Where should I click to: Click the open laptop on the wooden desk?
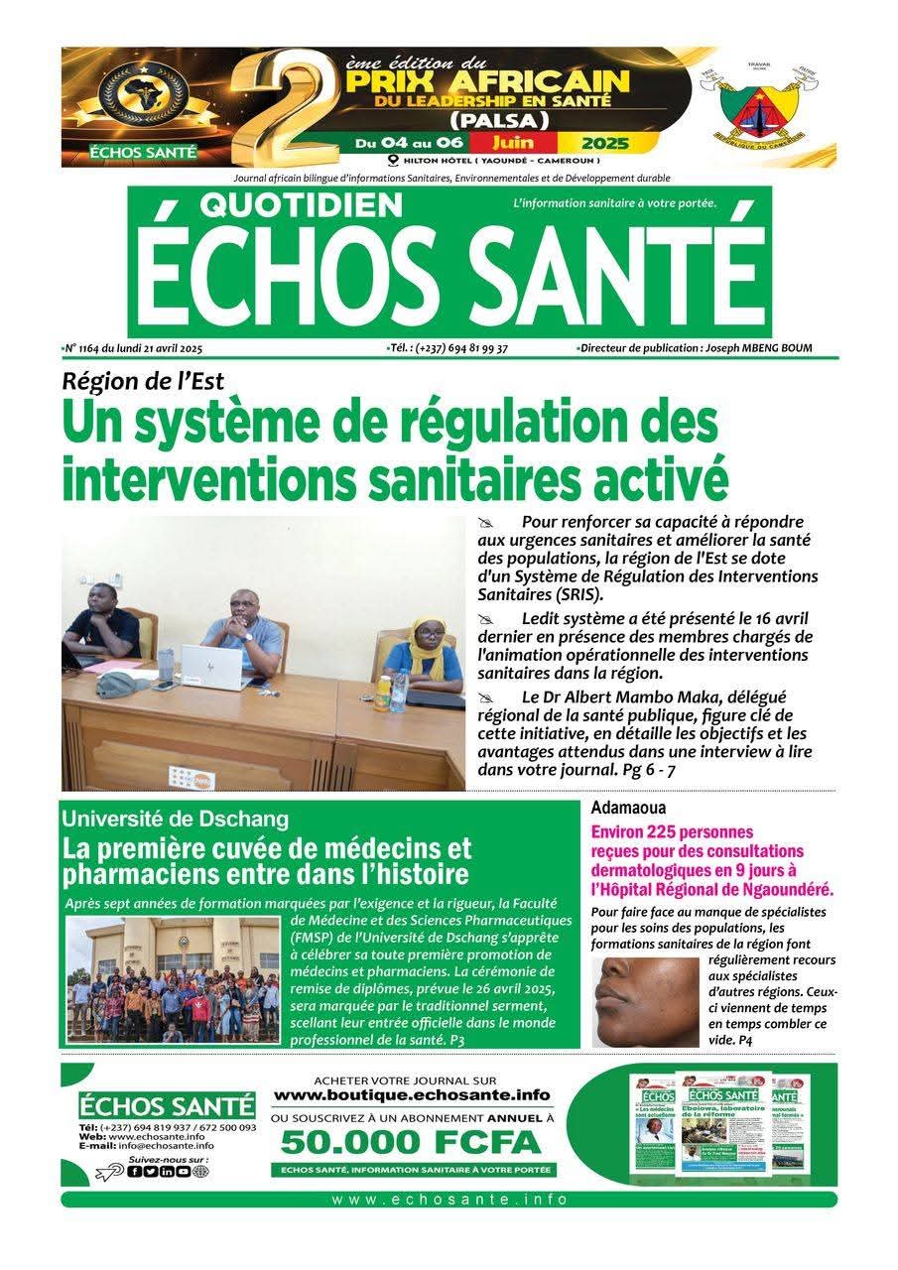tap(221, 666)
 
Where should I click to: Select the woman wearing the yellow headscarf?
tap(425, 654)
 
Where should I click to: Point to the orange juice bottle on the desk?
tap(383, 693)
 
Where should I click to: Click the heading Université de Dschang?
tap(175, 819)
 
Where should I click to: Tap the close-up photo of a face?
tap(644, 1001)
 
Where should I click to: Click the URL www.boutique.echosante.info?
tap(411, 1094)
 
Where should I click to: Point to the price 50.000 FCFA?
tap(411, 1142)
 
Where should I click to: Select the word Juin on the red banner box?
tap(520, 143)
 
